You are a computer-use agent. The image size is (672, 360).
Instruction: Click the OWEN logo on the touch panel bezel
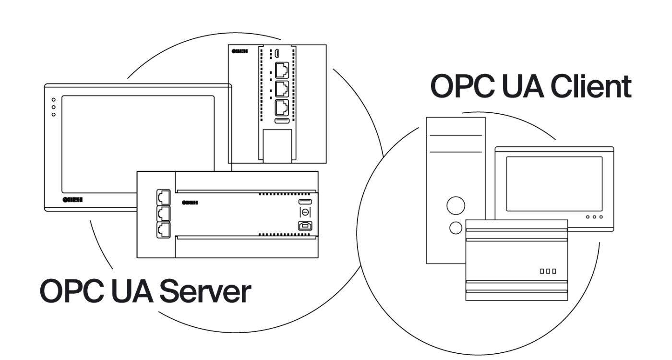click(x=72, y=200)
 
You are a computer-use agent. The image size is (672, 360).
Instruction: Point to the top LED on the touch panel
click(x=54, y=99)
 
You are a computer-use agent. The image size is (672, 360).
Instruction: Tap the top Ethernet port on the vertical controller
click(x=282, y=71)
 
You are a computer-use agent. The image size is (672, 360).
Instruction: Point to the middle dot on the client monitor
click(x=594, y=217)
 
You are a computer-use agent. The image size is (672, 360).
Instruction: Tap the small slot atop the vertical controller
click(x=277, y=52)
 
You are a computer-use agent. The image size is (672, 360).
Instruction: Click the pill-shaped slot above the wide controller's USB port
click(x=305, y=203)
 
